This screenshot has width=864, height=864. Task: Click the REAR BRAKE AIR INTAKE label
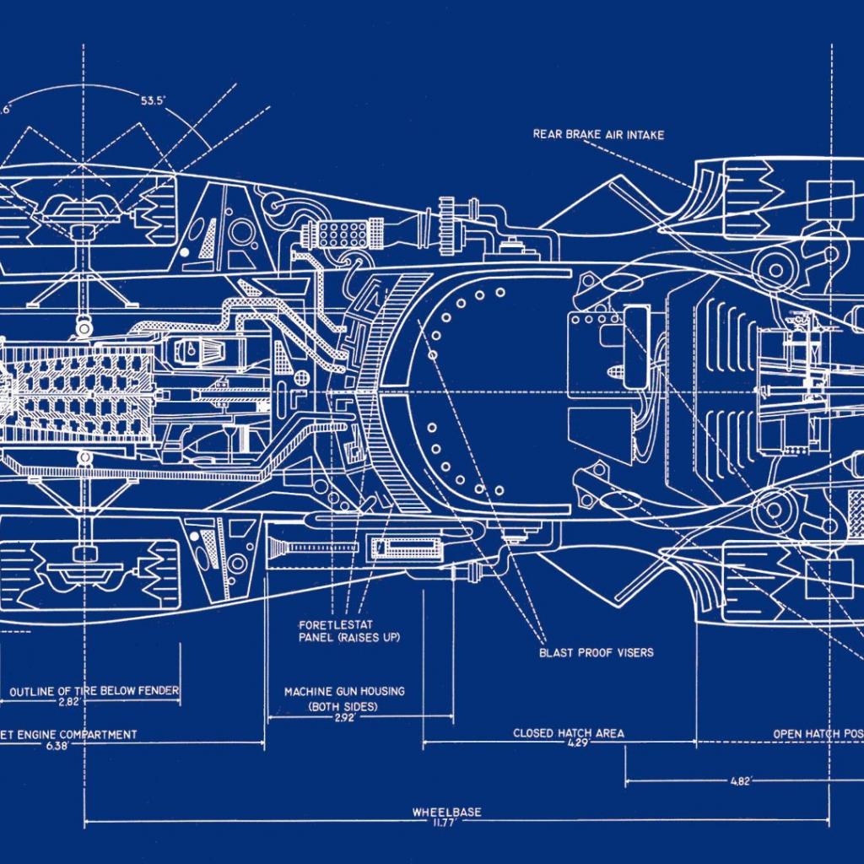[598, 134]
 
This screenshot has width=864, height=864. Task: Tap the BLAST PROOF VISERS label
[596, 652]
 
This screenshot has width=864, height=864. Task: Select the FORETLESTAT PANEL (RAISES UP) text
[348, 631]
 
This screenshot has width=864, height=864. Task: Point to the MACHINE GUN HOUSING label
[343, 691]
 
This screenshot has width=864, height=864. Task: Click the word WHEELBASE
[446, 813]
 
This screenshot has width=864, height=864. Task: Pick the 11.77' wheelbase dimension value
[446, 823]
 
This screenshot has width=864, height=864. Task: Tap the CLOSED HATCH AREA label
[569, 733]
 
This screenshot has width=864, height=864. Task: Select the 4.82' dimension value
[740, 782]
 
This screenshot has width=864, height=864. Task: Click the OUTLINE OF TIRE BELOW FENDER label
[94, 691]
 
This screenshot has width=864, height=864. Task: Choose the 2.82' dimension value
[69, 702]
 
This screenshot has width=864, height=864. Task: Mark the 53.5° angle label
[153, 100]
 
